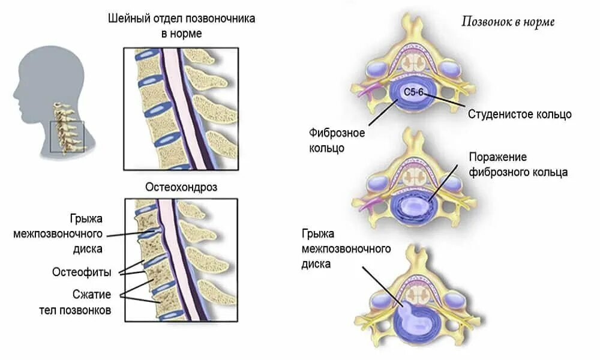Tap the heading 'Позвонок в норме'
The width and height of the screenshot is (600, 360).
tap(508, 22)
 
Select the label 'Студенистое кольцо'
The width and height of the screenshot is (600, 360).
tap(520, 114)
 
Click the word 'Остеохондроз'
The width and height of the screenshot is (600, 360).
tap(181, 187)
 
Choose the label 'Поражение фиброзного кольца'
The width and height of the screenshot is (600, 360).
tap(518, 164)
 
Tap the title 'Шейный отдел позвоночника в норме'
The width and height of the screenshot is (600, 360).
tap(181, 26)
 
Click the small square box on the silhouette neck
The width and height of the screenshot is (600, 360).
tap(67, 136)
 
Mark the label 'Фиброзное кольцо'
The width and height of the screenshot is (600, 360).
tap(328, 139)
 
